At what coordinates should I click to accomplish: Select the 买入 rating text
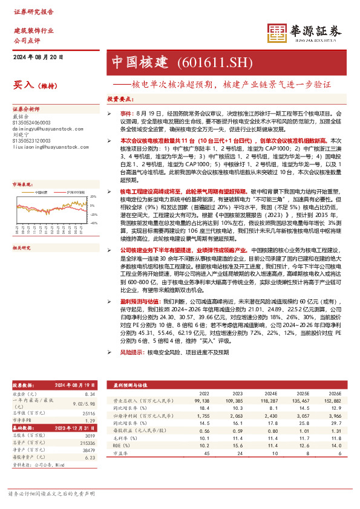23,86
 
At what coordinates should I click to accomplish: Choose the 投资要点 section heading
119,99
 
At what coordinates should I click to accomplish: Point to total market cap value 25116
89,413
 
